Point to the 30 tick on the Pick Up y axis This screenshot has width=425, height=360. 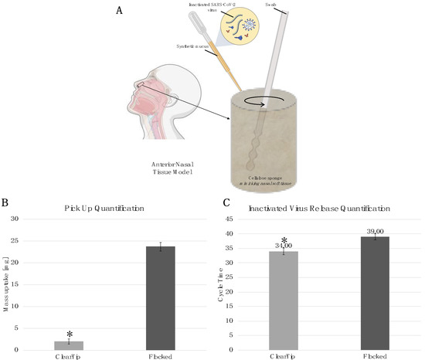click(x=38, y=219)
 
